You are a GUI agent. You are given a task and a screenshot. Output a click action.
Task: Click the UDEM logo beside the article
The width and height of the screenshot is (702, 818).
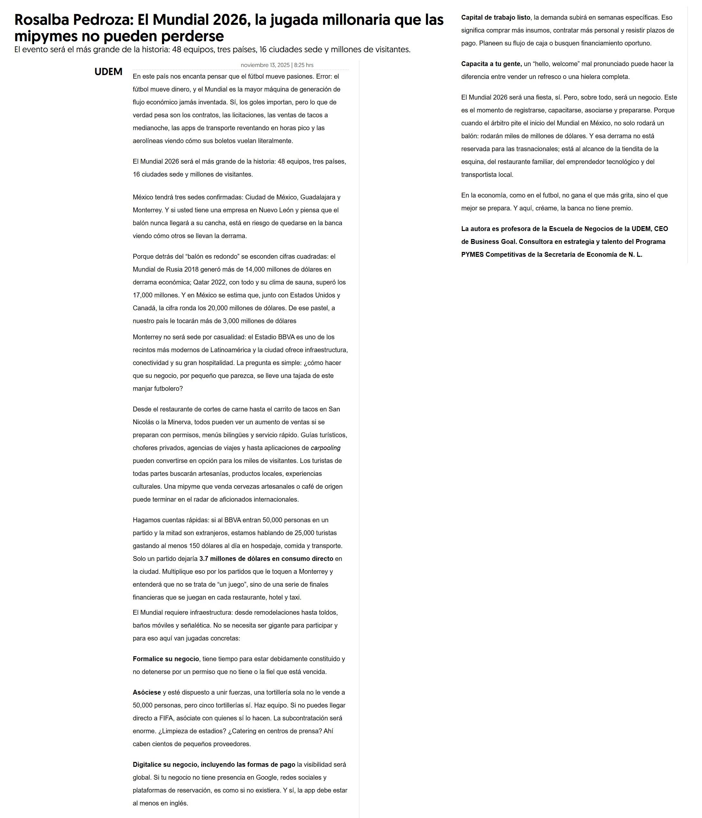(108, 72)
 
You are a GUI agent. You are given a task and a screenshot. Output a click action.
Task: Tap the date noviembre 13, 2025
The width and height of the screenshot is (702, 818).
(265, 65)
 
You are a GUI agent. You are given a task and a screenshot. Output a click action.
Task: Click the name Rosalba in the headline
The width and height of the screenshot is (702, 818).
(42, 20)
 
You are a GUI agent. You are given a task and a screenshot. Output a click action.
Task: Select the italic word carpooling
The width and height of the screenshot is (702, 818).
(325, 448)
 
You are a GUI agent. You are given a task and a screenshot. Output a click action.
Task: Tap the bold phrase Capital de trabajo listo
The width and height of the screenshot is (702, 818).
(496, 17)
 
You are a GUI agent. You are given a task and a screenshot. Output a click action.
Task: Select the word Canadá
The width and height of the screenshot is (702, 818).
(144, 308)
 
